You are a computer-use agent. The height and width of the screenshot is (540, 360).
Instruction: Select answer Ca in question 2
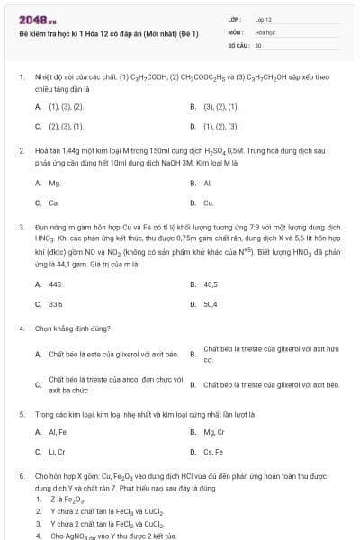(54, 203)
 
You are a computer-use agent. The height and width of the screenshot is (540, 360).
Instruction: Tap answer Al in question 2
(207, 183)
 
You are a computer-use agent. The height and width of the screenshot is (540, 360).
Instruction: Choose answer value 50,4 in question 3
(211, 304)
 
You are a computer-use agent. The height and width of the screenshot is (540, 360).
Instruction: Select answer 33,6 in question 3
(56, 304)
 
